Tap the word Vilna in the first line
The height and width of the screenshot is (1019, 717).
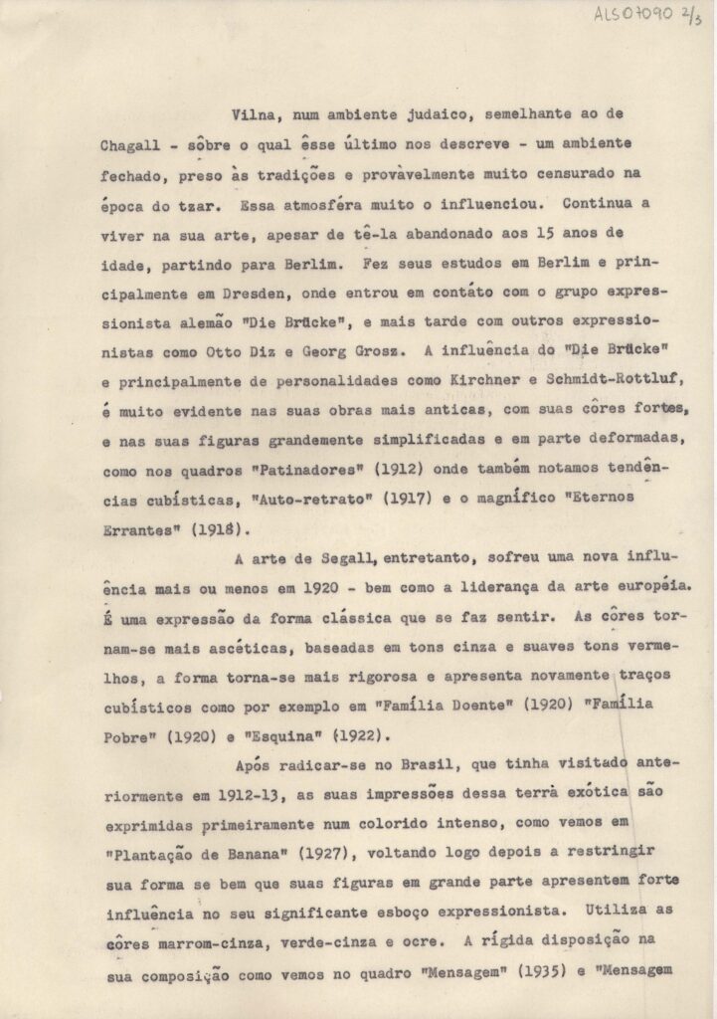(x=251, y=115)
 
